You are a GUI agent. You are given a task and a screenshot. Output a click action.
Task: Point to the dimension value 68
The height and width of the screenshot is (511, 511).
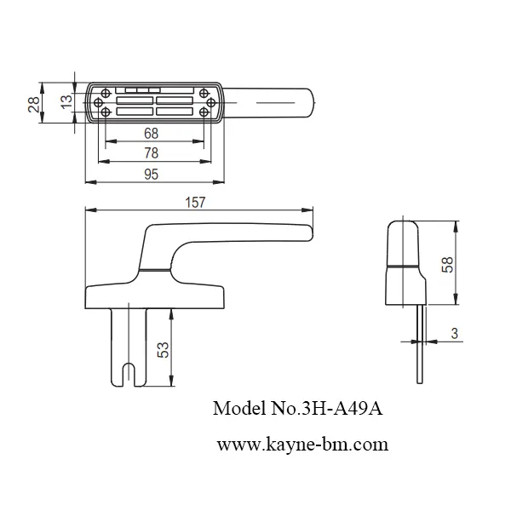(x=152, y=133)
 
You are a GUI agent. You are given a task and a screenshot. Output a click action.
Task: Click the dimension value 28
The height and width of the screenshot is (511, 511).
(x=33, y=104)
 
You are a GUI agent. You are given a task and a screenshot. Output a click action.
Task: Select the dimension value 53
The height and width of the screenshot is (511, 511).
(x=161, y=348)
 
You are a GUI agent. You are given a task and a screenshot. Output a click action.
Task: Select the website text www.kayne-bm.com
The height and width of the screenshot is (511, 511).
(x=302, y=444)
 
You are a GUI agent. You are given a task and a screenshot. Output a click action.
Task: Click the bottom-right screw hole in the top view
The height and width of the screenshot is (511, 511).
(x=204, y=112)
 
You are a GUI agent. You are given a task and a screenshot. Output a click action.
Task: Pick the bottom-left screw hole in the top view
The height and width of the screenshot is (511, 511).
(x=103, y=112)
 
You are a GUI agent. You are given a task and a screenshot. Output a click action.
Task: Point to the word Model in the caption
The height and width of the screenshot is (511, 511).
(x=235, y=410)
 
